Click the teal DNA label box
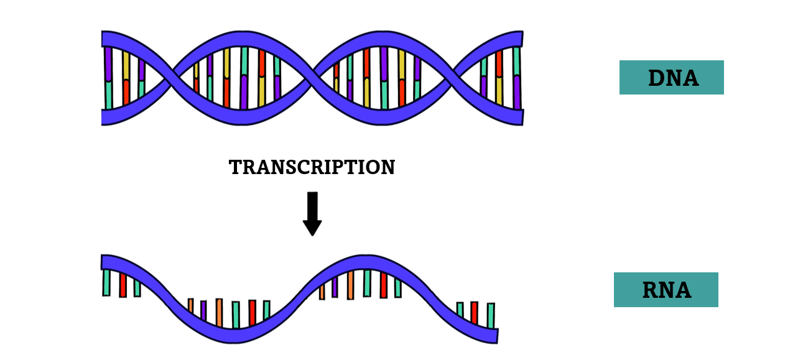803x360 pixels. (x=671, y=78)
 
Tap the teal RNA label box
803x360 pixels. (x=666, y=290)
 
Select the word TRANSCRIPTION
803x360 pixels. (x=312, y=167)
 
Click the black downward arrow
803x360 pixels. (x=312, y=213)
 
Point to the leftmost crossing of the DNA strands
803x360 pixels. (x=172, y=78)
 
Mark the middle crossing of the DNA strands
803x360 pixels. (x=313, y=78)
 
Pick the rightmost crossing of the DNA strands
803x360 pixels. (x=455, y=78)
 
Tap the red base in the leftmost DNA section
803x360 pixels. (x=126, y=93)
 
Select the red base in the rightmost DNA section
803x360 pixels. (x=499, y=63)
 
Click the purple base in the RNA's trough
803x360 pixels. (x=203, y=310)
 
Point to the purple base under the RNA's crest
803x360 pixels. (x=335, y=287)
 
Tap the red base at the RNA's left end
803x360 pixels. (x=123, y=285)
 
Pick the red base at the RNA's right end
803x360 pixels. (x=475, y=313)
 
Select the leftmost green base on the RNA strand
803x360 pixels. (x=106, y=282)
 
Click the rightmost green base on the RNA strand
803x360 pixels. (x=491, y=315)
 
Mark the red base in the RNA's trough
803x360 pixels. (x=252, y=313)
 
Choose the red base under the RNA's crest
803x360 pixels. (x=383, y=285)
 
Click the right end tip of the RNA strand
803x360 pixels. (x=497, y=335)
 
